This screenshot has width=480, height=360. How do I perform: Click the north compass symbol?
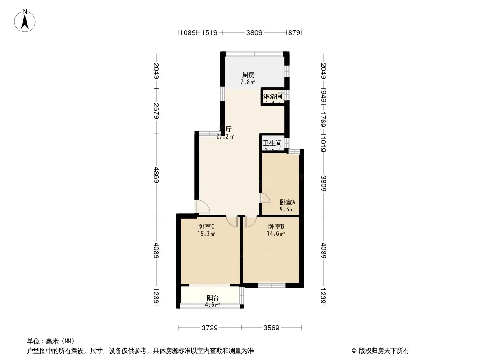26,20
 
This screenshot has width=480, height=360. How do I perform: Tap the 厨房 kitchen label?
248,75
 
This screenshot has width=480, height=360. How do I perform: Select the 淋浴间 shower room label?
272,96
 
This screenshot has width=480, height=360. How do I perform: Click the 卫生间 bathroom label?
272,144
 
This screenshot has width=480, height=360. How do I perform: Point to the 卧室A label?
287,202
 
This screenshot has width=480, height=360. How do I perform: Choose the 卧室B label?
276,226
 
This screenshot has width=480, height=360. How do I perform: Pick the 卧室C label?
206,226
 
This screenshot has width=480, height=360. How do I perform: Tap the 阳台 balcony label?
213,297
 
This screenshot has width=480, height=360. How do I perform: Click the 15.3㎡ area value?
206,234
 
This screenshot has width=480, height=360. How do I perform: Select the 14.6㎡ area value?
276,234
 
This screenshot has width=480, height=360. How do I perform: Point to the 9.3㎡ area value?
287,209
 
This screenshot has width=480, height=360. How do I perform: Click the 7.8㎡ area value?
248,82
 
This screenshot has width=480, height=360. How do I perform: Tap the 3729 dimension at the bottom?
209,328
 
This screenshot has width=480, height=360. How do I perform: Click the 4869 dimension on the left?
156,175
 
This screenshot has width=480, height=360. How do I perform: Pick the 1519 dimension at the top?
209,32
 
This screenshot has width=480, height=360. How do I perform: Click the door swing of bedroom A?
265,198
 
